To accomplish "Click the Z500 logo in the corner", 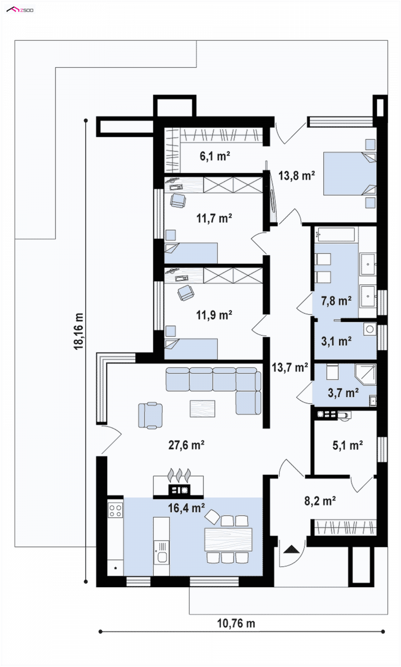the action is tap(20, 10).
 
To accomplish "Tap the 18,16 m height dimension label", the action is tap(79, 331).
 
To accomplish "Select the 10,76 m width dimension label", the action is tap(236, 623).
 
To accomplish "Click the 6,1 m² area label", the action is tap(215, 156).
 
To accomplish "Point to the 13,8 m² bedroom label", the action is tap(297, 176).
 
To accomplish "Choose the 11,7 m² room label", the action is tap(214, 218).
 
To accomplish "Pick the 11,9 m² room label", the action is tap(214, 315).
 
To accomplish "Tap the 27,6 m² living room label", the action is tap(186, 445).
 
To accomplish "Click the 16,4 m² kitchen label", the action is tap(186, 508).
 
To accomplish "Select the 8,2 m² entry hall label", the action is tap(320, 501).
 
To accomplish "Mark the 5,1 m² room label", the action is tap(347, 445).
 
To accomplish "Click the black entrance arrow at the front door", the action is tap(291, 549).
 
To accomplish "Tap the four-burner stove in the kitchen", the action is tap(115, 510).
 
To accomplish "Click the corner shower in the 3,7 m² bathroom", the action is tap(365, 374).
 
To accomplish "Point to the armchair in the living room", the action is tap(150, 415).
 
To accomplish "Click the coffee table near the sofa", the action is tap(203, 409).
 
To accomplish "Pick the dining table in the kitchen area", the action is tap(228, 540).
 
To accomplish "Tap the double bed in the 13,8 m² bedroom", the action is tap(350, 174).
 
